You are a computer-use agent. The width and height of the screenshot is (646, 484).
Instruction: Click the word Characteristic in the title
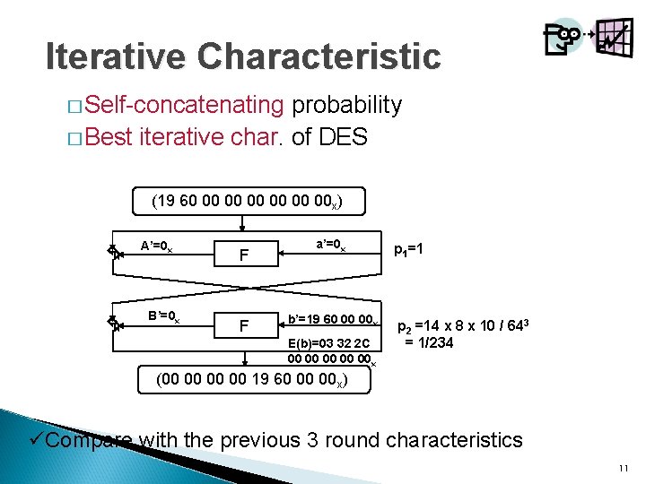point(319,56)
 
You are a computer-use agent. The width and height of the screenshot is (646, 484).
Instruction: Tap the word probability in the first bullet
point(345,105)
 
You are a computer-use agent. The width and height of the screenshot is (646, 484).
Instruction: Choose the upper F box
point(243,255)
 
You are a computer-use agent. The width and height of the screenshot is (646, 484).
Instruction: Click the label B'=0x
point(163,315)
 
